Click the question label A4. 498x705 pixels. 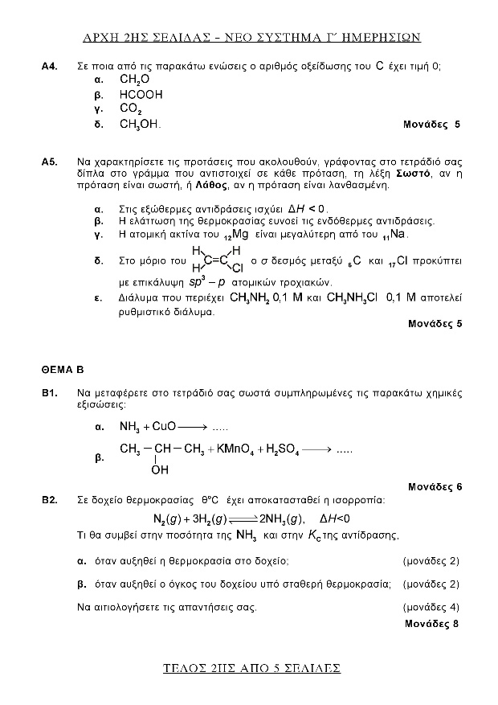49,67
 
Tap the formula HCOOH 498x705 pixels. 141,95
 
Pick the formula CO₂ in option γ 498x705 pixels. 131,109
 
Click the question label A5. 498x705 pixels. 49,162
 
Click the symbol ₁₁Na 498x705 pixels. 396,235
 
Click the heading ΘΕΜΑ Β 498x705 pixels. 63,371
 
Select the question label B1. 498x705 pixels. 49,394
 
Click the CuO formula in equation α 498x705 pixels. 163,427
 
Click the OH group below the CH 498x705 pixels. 159,469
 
